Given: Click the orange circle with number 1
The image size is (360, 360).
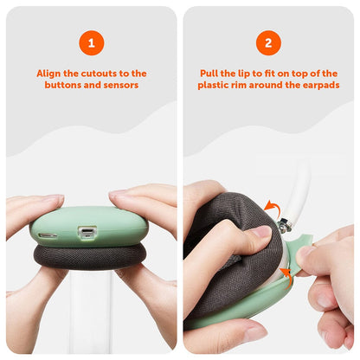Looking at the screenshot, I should (x=91, y=42).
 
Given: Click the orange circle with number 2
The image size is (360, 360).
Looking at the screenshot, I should (x=268, y=42).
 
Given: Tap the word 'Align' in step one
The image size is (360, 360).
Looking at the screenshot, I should (x=49, y=74).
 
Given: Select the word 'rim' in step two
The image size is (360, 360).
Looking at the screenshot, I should (x=243, y=86).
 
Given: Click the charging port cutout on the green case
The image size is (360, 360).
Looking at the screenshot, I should (x=86, y=232).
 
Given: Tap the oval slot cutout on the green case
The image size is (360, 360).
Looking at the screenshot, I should (x=48, y=235).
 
